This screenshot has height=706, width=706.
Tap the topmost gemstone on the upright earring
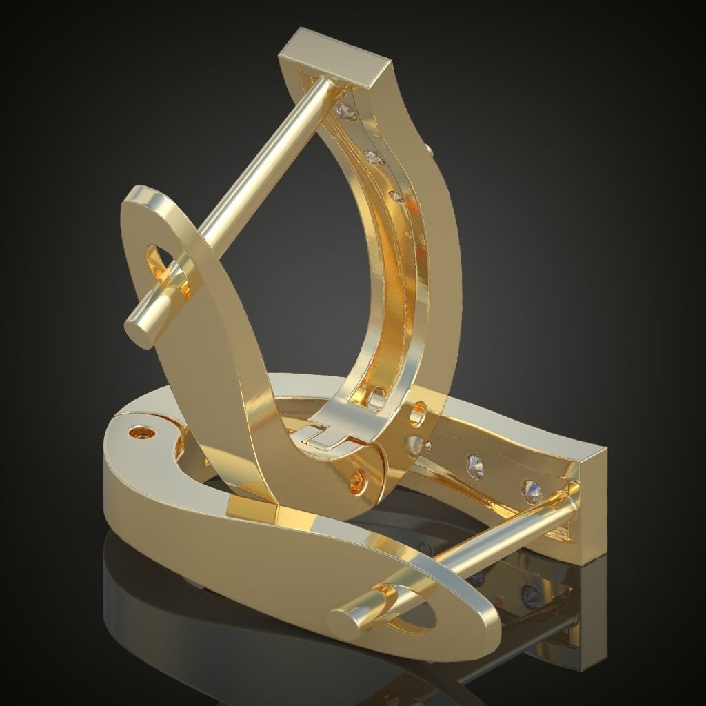(343, 110)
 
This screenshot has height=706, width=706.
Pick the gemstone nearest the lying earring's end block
(534, 491)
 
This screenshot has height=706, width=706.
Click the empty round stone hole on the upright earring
(418, 417)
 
